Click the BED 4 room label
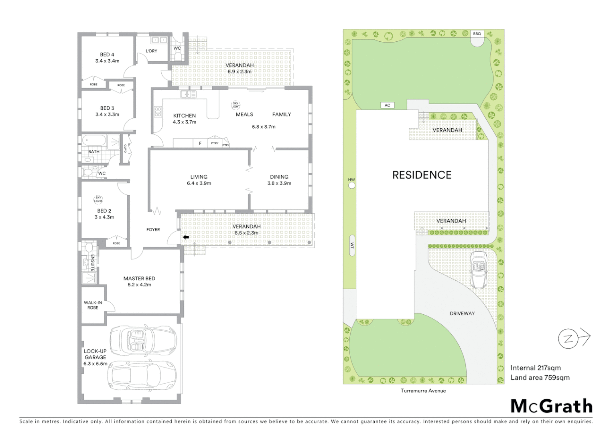coord(107,55)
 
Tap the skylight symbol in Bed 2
coord(98,199)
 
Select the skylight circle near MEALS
coord(235,105)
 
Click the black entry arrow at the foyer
coord(186,237)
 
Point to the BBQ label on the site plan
coord(477,34)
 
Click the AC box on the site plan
coord(387,105)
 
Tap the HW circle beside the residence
coord(352,185)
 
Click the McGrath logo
coord(551,406)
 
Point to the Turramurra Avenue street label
coord(423,391)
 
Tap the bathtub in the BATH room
coord(94,141)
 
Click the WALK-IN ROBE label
coord(93,305)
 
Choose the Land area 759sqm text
coord(540,377)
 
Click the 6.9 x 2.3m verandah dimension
coord(240,72)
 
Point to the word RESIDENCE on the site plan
coord(422,175)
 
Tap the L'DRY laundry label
coord(151,51)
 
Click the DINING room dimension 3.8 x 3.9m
coord(279,183)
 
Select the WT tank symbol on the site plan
coord(352,245)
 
